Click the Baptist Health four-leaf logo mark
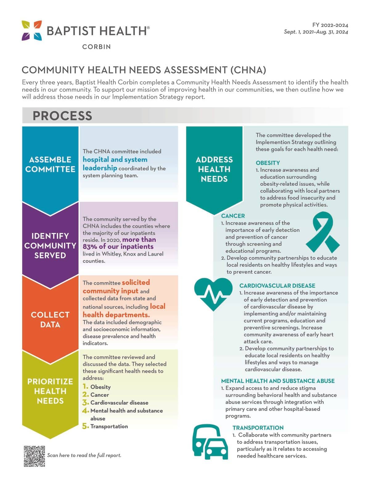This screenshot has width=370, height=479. (32, 31)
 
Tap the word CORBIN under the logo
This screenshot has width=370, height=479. (97, 47)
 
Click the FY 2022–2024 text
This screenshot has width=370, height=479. (330, 25)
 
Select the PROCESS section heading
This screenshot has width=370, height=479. (62, 116)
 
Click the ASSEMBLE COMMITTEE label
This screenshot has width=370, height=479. (50, 164)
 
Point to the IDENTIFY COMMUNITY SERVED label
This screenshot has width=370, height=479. (50, 246)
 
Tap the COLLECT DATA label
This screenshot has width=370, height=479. (50, 320)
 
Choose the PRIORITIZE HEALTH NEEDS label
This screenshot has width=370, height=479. (50, 391)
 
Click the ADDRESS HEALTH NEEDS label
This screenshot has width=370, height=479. (214, 169)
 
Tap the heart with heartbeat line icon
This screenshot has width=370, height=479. (213, 294)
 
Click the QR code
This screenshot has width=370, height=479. (34, 456)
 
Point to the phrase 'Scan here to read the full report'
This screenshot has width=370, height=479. (84, 455)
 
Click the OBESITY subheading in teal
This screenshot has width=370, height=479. (268, 163)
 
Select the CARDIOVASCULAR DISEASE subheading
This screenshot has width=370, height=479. (277, 286)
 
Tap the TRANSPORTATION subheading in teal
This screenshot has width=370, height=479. (258, 428)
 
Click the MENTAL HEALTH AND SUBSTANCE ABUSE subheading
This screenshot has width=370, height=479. (278, 381)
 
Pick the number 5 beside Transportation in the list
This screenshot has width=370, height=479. (85, 426)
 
